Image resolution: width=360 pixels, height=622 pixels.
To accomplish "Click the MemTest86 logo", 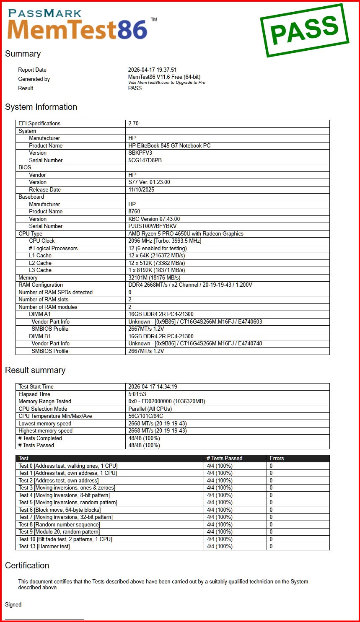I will [x=78, y=25].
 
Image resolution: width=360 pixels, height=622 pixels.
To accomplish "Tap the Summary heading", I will [x=23, y=54].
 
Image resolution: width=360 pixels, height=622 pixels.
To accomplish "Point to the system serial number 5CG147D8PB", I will [x=145, y=160].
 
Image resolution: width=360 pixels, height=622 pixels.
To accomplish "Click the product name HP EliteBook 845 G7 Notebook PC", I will [x=169, y=145].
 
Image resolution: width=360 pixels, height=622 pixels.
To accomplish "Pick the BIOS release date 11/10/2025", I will [x=142, y=189].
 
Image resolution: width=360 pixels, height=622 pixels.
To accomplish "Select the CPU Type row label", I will [x=31, y=233].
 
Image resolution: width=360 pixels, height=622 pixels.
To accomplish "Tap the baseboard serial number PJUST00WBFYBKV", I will [x=152, y=226].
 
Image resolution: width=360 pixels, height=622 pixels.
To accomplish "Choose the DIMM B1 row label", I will [x=40, y=336].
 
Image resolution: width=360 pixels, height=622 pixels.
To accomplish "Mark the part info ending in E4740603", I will [x=195, y=321].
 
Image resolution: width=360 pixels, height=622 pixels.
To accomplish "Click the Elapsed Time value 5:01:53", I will [x=137, y=394].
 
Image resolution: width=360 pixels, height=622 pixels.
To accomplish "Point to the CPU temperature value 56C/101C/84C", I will [x=145, y=416].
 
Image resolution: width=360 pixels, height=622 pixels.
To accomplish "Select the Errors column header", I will [x=277, y=459].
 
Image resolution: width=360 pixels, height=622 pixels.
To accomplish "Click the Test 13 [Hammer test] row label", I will [x=44, y=546].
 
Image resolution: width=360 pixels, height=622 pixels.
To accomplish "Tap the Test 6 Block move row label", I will [x=60, y=510].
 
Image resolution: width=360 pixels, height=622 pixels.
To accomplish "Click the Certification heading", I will [x=27, y=565].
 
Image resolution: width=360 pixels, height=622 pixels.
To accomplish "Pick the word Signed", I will [x=13, y=604].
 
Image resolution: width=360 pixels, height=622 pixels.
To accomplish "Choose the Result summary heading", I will [x=35, y=370].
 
